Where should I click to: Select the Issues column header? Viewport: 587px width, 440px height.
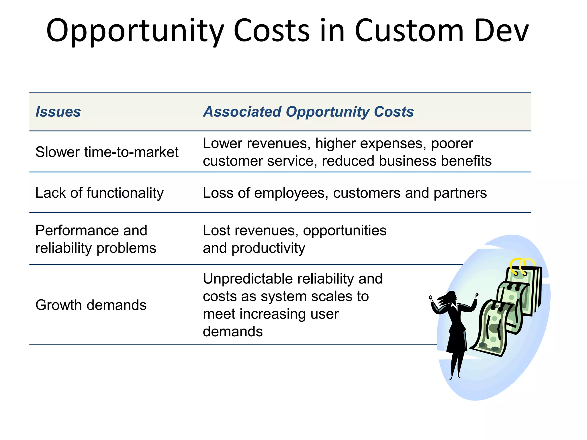tap(58, 112)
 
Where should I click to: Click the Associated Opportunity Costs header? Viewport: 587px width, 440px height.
tap(308, 112)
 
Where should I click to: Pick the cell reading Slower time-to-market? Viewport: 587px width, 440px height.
tap(107, 152)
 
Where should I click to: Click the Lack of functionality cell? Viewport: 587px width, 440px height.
tap(99, 193)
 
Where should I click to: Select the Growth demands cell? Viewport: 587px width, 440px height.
tap(91, 305)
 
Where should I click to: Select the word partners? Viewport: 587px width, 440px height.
tap(460, 193)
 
